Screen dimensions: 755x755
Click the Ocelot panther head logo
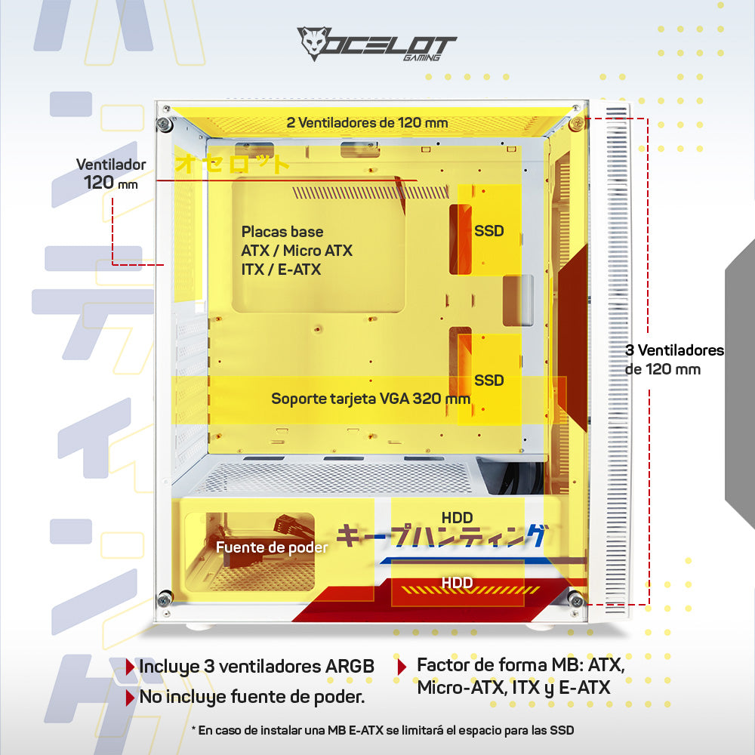[314, 43]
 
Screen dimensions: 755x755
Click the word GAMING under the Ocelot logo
[422, 58]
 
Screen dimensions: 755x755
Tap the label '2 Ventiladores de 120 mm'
[367, 123]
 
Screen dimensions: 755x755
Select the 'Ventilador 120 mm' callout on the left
[111, 174]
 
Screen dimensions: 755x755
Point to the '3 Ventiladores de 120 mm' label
[674, 359]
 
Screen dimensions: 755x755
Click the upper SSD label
[488, 231]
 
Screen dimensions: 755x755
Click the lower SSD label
[488, 381]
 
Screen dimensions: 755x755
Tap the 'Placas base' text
[282, 232]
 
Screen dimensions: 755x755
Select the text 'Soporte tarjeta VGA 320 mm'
[370, 399]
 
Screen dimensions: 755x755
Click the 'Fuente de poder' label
[272, 547]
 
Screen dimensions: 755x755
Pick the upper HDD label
[457, 518]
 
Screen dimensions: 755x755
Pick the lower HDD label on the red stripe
[457, 583]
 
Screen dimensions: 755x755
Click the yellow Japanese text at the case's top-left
[232, 164]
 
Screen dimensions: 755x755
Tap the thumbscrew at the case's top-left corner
[165, 125]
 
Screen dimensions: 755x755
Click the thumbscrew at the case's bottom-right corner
[576, 599]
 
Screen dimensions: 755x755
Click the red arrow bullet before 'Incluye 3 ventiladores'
[130, 667]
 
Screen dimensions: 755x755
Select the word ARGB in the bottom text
[350, 667]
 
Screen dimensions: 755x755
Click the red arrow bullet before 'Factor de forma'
[402, 667]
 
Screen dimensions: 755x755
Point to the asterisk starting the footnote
[193, 729]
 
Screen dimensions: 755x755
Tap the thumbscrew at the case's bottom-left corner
[165, 599]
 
